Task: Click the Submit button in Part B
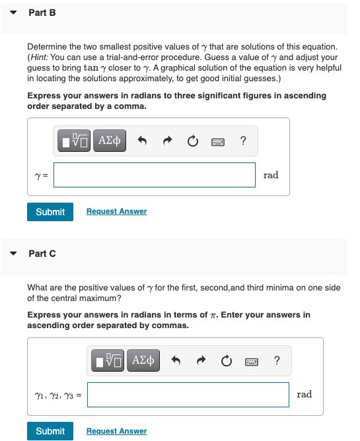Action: click(x=50, y=212)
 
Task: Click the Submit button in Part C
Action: click(x=50, y=431)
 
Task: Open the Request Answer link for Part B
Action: click(x=116, y=211)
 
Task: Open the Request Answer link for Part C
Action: click(x=116, y=431)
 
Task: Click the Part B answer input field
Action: click(x=155, y=175)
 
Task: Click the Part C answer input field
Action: click(x=188, y=395)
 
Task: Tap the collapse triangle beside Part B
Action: click(x=13, y=13)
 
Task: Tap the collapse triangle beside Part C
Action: click(x=13, y=254)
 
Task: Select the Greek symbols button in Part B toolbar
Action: click(x=110, y=141)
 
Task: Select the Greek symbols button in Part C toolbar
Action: click(x=143, y=360)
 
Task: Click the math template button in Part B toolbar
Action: click(x=74, y=141)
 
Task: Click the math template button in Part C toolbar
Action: click(x=108, y=360)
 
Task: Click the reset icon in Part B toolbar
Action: click(x=193, y=141)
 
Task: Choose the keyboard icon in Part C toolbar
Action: click(x=252, y=362)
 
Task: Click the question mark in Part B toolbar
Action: click(x=244, y=141)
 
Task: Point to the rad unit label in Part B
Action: click(x=271, y=175)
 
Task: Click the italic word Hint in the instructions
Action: click(x=39, y=57)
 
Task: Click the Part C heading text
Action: click(x=42, y=254)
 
